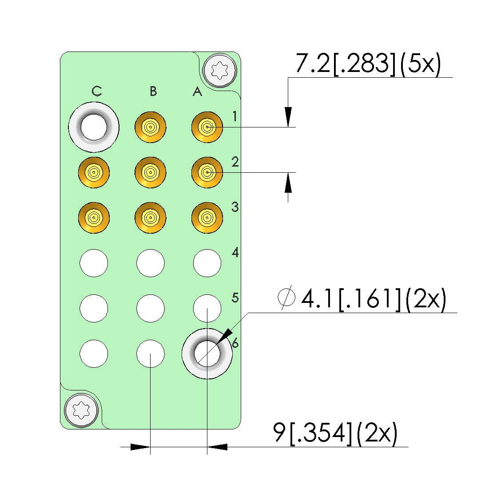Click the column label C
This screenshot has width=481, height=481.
coord(97,91)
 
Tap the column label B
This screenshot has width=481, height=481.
coord(153,91)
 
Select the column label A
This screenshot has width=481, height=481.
coord(197,91)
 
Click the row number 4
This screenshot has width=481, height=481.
coord(235,252)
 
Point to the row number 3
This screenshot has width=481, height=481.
coord(235,207)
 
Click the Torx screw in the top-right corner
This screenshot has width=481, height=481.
coord(220,70)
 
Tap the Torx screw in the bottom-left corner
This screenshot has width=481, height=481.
coord(81,410)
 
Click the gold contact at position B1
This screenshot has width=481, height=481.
coord(150,127)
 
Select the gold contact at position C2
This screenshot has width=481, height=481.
coord(94,172)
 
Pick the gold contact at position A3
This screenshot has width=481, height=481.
coord(207,218)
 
